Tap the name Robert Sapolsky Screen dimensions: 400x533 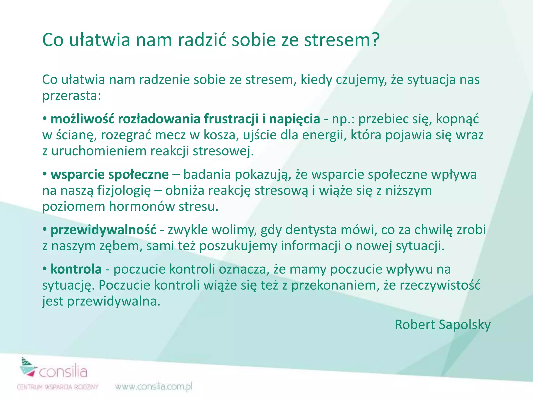(x=442, y=325)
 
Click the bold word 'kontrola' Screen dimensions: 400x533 (x=76, y=269)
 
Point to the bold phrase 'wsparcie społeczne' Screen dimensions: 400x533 (x=110, y=174)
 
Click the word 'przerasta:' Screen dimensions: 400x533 (x=72, y=96)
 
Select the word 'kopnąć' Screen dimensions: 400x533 (x=457, y=119)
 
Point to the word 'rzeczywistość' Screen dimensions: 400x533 (x=440, y=285)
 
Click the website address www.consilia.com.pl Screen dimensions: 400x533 (x=154, y=386)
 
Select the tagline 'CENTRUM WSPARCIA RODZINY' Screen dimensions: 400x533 (x=58, y=387)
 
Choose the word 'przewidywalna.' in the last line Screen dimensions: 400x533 (x=114, y=302)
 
